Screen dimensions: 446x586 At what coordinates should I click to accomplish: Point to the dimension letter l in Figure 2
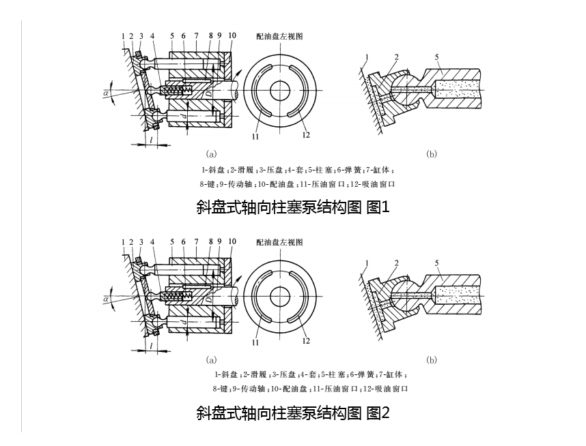click(x=150, y=346)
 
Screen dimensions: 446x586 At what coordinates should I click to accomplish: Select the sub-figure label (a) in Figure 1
click(x=211, y=155)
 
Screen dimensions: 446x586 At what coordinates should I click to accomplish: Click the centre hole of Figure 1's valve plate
click(x=280, y=90)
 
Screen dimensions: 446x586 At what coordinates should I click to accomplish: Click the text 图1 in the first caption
click(x=378, y=207)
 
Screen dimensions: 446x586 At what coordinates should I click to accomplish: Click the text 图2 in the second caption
click(x=378, y=413)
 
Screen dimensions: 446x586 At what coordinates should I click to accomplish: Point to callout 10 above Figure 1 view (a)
click(x=232, y=35)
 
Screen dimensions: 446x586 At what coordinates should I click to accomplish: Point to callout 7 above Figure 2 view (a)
click(x=196, y=241)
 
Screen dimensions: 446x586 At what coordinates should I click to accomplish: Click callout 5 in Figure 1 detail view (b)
click(x=437, y=57)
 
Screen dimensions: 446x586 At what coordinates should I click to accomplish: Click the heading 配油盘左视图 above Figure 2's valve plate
click(x=279, y=242)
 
